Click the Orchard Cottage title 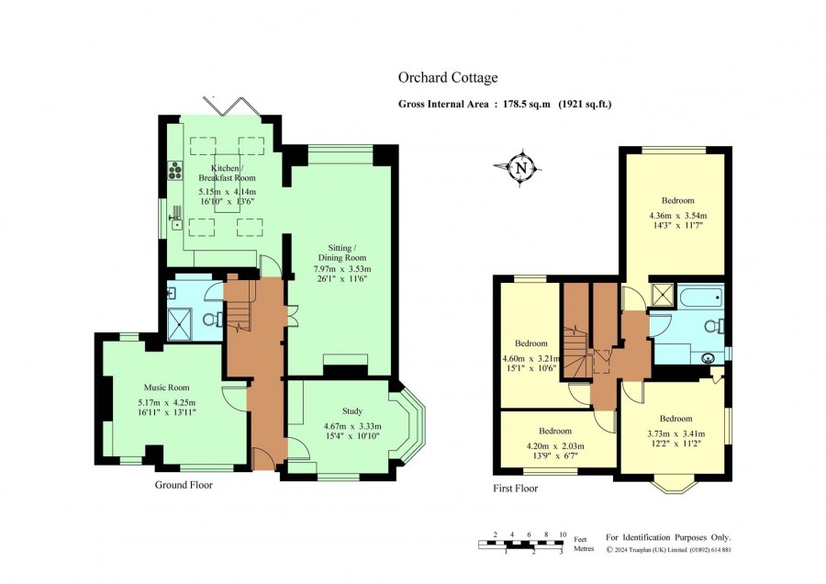pyautogui.click(x=448, y=77)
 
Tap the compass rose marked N pyautogui.click(x=520, y=168)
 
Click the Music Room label pyautogui.click(x=166, y=387)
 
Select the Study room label pyautogui.click(x=352, y=411)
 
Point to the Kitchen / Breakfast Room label pyautogui.click(x=227, y=173)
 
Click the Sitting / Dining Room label pyautogui.click(x=342, y=253)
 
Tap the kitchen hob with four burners pyautogui.click(x=175, y=170)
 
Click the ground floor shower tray pyautogui.click(x=180, y=324)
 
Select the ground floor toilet pyautogui.click(x=213, y=319)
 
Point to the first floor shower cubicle pyautogui.click(x=663, y=294)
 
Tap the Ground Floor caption pyautogui.click(x=184, y=485)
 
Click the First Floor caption pyautogui.click(x=515, y=489)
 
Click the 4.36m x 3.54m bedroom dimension pyautogui.click(x=678, y=216)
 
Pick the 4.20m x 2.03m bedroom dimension pyautogui.click(x=555, y=446)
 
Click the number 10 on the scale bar pyautogui.click(x=563, y=534)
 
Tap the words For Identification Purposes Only pyautogui.click(x=668, y=537)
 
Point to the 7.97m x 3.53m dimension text pyautogui.click(x=342, y=269)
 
